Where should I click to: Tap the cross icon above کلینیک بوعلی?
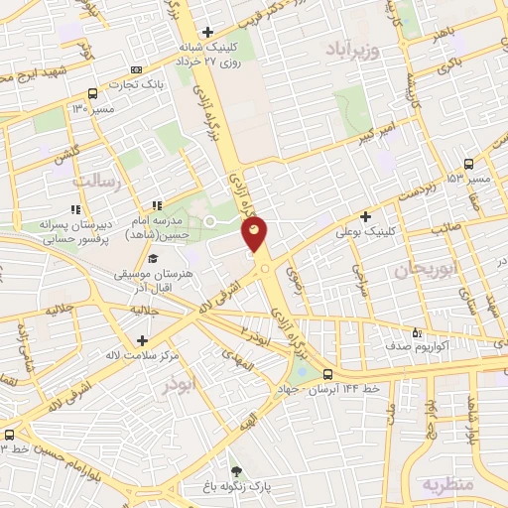point(366,215)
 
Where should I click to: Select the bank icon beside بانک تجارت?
point(136,69)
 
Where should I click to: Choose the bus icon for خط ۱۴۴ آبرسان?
point(327,374)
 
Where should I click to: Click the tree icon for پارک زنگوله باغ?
point(236,470)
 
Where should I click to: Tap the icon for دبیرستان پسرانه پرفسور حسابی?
point(74,208)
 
